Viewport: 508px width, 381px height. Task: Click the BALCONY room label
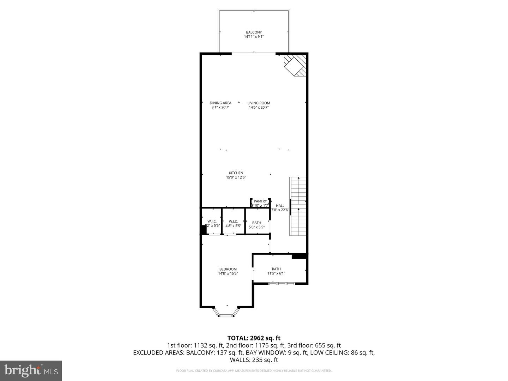(x=254, y=32)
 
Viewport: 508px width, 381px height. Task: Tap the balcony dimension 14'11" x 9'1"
(x=254, y=37)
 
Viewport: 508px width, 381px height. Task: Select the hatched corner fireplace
(x=296, y=65)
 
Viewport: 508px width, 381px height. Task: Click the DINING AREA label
(x=220, y=103)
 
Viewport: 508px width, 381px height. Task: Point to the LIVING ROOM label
(x=259, y=103)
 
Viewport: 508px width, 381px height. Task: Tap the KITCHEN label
(x=236, y=173)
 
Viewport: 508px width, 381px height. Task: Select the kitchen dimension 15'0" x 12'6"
(x=236, y=177)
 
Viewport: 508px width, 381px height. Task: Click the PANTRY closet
(x=260, y=203)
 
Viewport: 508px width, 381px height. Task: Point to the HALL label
(x=280, y=206)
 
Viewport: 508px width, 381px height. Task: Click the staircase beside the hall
(x=298, y=206)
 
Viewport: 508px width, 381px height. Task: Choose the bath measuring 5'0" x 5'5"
(x=257, y=225)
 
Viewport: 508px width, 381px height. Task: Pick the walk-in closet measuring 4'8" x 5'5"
(x=233, y=223)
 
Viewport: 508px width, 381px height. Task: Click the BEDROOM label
(x=228, y=269)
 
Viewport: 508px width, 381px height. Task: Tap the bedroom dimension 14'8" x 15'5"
(x=228, y=273)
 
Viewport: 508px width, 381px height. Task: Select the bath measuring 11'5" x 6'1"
(x=276, y=271)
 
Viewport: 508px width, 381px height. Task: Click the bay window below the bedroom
(x=226, y=313)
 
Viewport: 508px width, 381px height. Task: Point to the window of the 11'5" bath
(x=281, y=283)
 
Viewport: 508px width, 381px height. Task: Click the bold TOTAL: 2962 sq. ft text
(x=254, y=338)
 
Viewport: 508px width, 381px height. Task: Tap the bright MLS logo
(x=31, y=370)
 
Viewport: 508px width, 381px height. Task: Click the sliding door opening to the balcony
(x=253, y=54)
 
